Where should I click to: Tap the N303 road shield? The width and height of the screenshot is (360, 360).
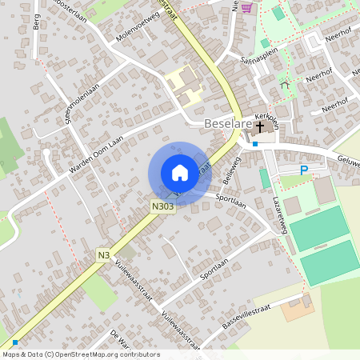tap(162, 206)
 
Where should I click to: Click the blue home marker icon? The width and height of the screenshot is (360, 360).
tap(179, 172)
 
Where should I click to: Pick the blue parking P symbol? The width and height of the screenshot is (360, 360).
tap(303, 170)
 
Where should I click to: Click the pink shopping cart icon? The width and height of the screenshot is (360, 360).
tap(246, 7)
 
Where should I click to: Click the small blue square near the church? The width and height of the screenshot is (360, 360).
tap(255, 144)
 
